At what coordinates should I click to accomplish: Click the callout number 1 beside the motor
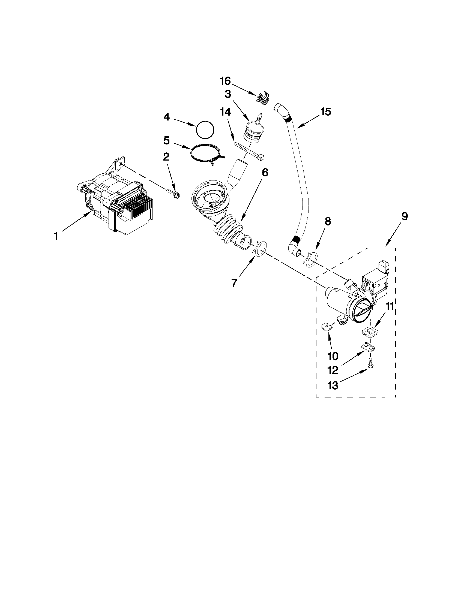coord(56,236)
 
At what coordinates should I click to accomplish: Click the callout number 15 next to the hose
coord(325,112)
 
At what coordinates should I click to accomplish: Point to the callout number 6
coord(265,172)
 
